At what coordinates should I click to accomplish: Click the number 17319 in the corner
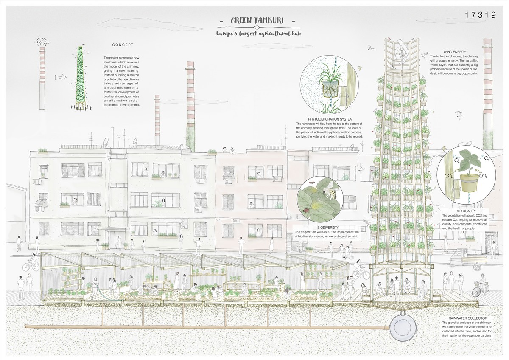(480, 15)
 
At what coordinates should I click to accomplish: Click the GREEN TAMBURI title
(257, 21)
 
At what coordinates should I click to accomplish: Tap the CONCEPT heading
(123, 45)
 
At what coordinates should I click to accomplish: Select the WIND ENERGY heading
(455, 52)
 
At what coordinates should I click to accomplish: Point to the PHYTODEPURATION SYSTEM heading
(330, 119)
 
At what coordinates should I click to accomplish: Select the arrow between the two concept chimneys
(60, 77)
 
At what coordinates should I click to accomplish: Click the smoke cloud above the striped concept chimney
(42, 41)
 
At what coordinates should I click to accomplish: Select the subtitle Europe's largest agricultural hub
(259, 34)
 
